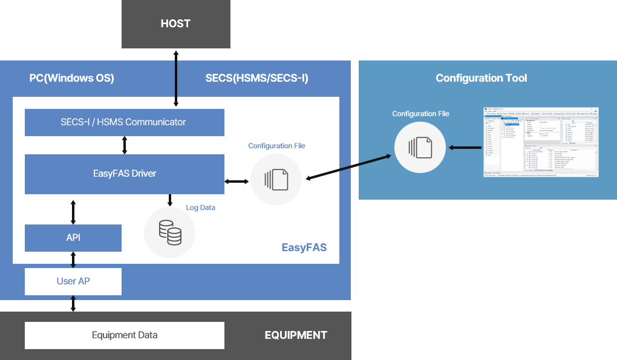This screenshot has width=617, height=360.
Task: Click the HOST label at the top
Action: click(x=175, y=24)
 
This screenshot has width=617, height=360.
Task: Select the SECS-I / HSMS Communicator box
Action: click(x=124, y=122)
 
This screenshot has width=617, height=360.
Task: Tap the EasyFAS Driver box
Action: click(x=124, y=174)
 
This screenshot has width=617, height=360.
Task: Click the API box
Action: click(x=73, y=238)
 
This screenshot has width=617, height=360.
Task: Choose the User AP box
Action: click(x=73, y=281)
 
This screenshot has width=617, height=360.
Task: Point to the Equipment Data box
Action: click(x=124, y=335)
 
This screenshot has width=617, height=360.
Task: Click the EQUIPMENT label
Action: click(x=296, y=335)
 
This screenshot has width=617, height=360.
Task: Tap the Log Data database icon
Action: click(x=170, y=233)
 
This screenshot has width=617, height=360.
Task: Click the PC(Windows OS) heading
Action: click(x=71, y=78)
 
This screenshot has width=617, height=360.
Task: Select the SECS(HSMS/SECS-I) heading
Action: click(x=256, y=78)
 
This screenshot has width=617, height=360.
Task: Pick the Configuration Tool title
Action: click(x=481, y=78)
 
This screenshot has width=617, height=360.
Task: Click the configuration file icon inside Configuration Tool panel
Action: click(x=420, y=148)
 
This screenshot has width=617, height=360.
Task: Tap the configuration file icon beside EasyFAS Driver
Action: click(x=276, y=179)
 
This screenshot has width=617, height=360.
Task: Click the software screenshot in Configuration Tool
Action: click(x=541, y=142)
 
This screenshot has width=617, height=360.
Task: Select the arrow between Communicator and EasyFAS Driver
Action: click(x=125, y=145)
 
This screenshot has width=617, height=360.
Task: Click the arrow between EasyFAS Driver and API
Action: click(x=73, y=211)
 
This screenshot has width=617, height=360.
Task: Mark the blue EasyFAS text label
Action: click(x=304, y=247)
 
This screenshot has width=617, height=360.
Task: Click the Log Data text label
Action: click(x=200, y=208)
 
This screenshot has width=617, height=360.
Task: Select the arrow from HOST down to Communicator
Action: click(x=176, y=79)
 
